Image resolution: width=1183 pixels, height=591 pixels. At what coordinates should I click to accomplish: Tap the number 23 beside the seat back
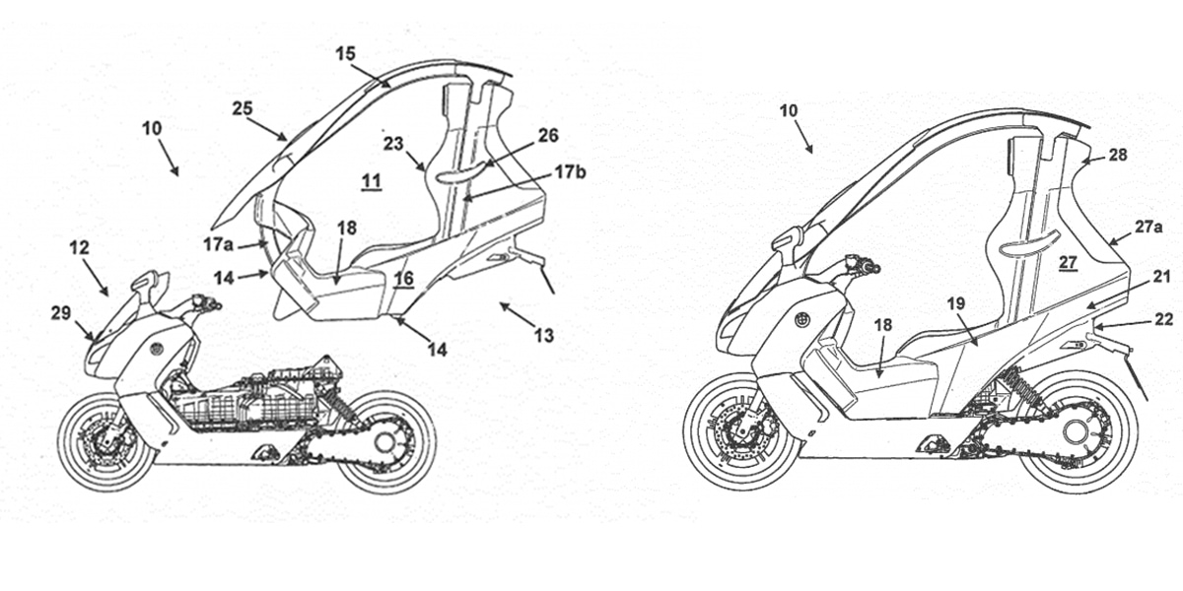pos(394,143)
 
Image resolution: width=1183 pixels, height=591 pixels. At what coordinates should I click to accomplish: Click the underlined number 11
pos(371,180)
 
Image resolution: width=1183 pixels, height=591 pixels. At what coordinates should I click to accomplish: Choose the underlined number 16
pos(404,280)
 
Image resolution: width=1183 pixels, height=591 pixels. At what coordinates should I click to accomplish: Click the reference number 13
pos(543,335)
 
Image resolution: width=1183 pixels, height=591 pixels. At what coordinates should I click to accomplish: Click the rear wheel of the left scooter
pos(387,441)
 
